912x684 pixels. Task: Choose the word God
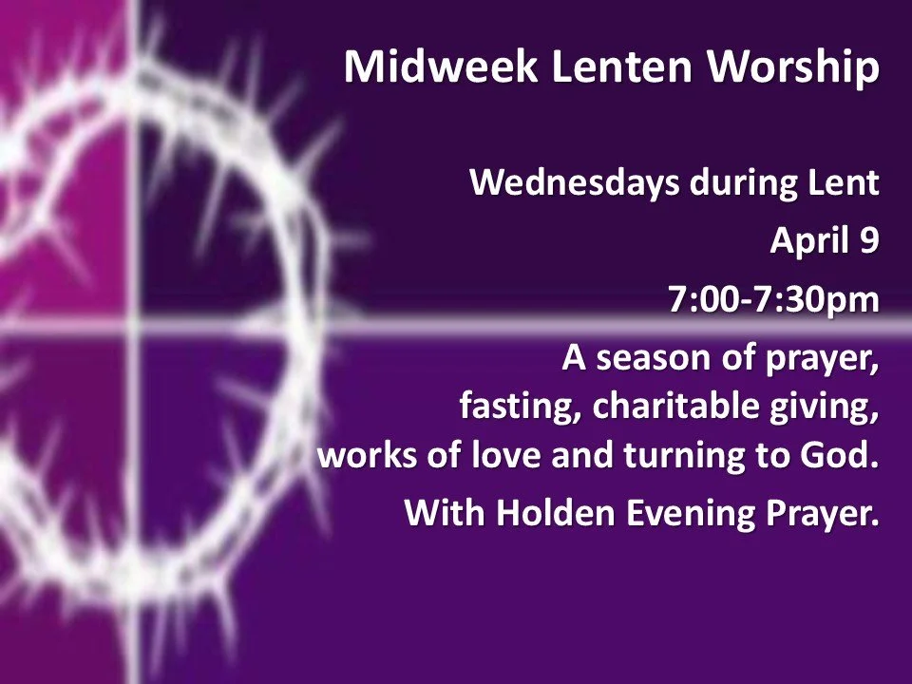point(841,456)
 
